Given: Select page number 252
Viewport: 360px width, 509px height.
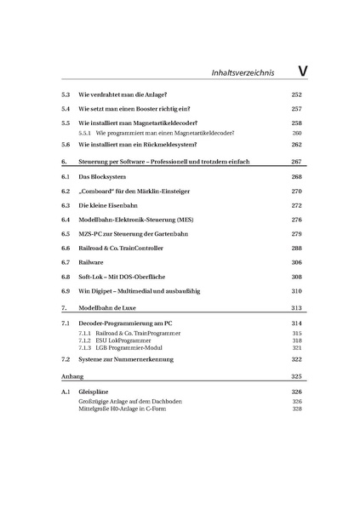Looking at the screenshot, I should tap(296, 96).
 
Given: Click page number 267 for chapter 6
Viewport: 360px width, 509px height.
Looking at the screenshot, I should tap(296, 161).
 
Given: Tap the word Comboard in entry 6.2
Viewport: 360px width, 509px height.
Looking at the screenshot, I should tap(102, 192).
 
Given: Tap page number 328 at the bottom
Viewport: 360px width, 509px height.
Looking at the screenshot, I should tap(296, 409).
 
